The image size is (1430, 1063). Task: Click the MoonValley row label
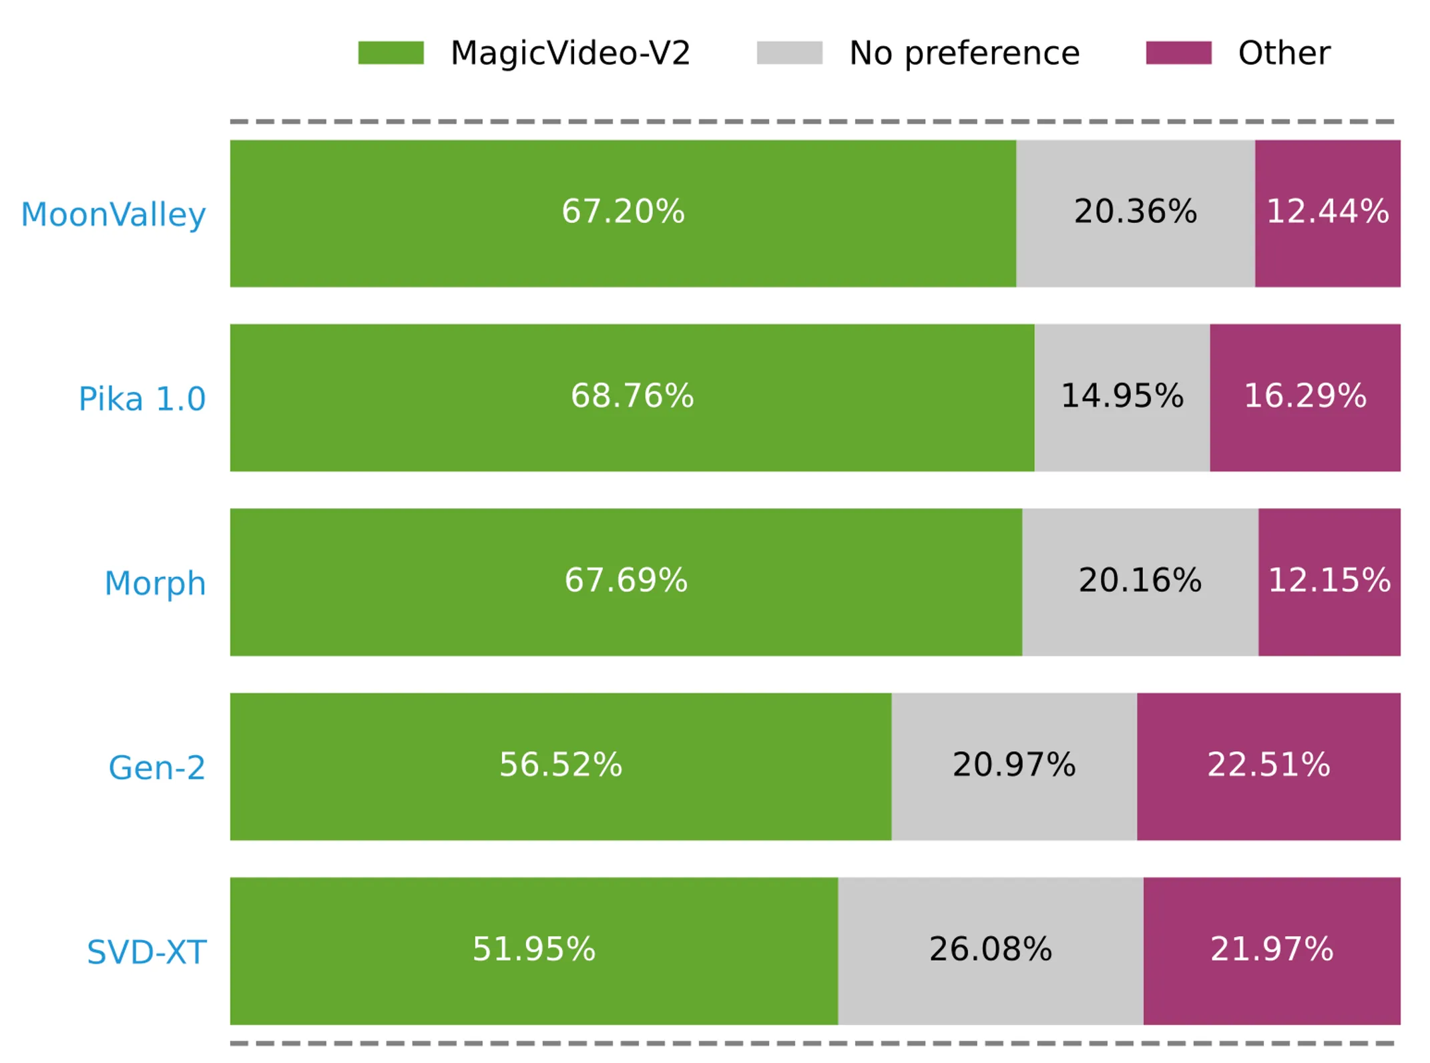[x=113, y=214]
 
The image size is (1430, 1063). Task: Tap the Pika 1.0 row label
[x=142, y=399]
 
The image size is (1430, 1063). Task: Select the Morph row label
[x=155, y=583]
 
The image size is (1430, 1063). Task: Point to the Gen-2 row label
[x=157, y=767]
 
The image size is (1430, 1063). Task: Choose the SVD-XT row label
[x=147, y=951]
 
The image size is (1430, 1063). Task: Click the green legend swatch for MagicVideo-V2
[x=391, y=53]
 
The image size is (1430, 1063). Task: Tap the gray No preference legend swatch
[x=789, y=53]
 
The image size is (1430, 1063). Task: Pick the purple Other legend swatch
[x=1178, y=53]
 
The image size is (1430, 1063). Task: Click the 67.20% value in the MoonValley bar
[x=623, y=211]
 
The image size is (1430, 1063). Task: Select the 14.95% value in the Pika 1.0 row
[x=1122, y=395]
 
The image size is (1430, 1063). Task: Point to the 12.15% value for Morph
[x=1329, y=580]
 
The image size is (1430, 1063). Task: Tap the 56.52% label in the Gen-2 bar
[x=561, y=764]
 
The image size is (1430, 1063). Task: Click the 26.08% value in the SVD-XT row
[x=991, y=948]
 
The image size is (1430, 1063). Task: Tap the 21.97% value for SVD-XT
[x=1272, y=948]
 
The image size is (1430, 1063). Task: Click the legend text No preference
[x=964, y=53]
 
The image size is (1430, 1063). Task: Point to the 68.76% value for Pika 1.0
[x=632, y=395]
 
